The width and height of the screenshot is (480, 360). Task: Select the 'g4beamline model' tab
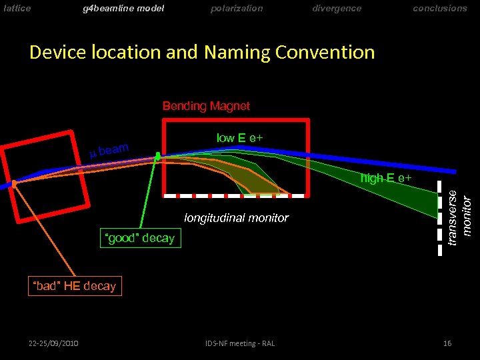click(x=123, y=9)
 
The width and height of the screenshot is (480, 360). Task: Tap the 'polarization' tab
click(x=237, y=9)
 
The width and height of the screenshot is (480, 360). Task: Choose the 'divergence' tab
click(x=337, y=9)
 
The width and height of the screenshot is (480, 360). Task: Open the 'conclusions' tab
click(x=440, y=9)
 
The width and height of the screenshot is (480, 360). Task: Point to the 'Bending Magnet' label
click(x=206, y=106)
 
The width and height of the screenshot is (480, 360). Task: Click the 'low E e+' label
click(x=239, y=138)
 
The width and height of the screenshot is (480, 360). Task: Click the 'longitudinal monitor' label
click(x=237, y=218)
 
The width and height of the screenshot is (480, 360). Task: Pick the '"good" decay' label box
click(x=140, y=238)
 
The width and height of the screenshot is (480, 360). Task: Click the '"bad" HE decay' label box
click(x=75, y=286)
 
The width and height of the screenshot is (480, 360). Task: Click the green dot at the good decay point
click(x=158, y=155)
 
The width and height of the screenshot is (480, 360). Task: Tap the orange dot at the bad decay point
click(x=14, y=183)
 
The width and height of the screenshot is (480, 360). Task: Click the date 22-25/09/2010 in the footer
click(x=53, y=343)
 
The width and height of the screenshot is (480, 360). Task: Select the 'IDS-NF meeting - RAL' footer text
click(x=241, y=343)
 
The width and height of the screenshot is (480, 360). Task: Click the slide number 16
click(x=447, y=343)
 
